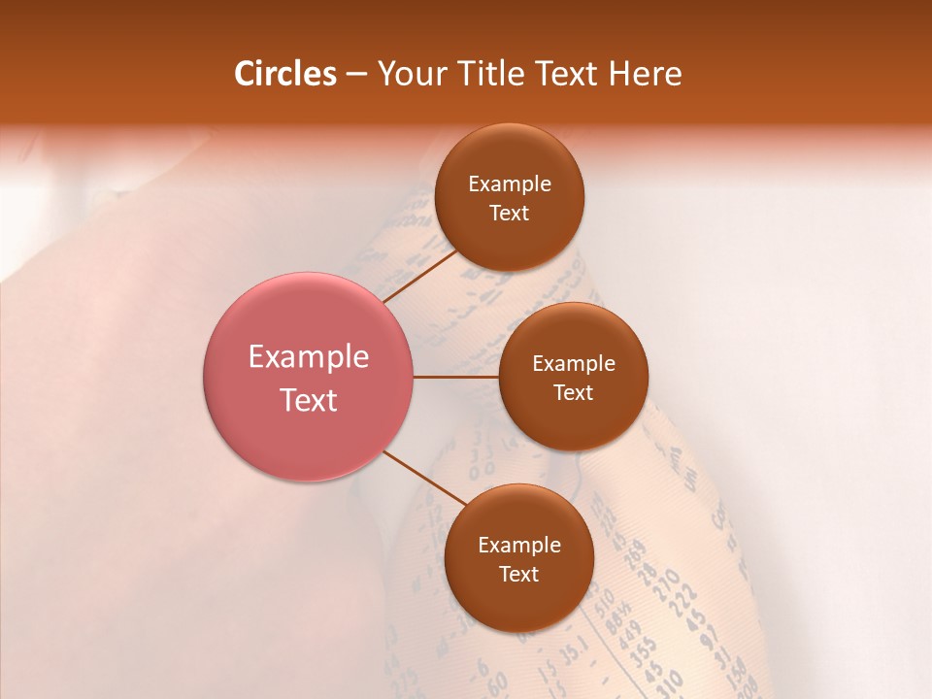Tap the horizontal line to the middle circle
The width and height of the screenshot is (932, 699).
(456, 377)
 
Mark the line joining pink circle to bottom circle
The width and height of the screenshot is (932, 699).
(425, 479)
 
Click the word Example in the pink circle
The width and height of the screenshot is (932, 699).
(309, 357)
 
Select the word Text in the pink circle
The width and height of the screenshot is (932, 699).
(309, 400)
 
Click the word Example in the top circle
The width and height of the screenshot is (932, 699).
(510, 184)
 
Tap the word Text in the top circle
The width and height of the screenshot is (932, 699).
(510, 214)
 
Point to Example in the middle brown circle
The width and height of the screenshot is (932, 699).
(574, 364)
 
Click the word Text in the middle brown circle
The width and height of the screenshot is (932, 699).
(574, 393)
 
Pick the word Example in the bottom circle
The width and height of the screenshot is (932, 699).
(519, 546)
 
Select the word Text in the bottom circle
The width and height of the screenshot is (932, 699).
(519, 575)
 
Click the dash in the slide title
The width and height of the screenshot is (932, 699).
(356, 75)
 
